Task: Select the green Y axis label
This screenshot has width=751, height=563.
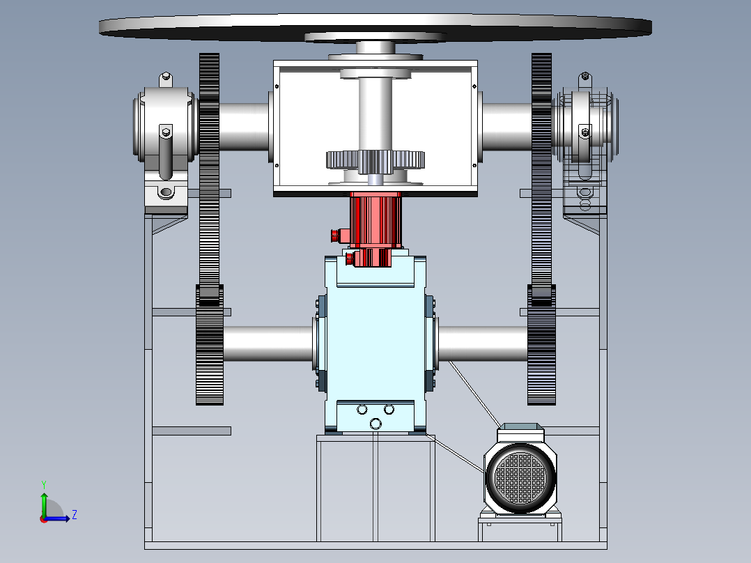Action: pos(44,484)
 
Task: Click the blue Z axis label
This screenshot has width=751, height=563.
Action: pos(75,515)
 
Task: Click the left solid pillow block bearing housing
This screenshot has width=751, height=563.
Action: pos(165,144)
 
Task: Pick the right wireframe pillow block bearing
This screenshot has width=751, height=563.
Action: pos(585,144)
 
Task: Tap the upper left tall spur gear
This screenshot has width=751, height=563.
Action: pos(209,179)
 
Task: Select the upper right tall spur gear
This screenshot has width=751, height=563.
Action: pos(541,179)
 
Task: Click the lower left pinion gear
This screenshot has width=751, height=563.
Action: pos(209,344)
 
